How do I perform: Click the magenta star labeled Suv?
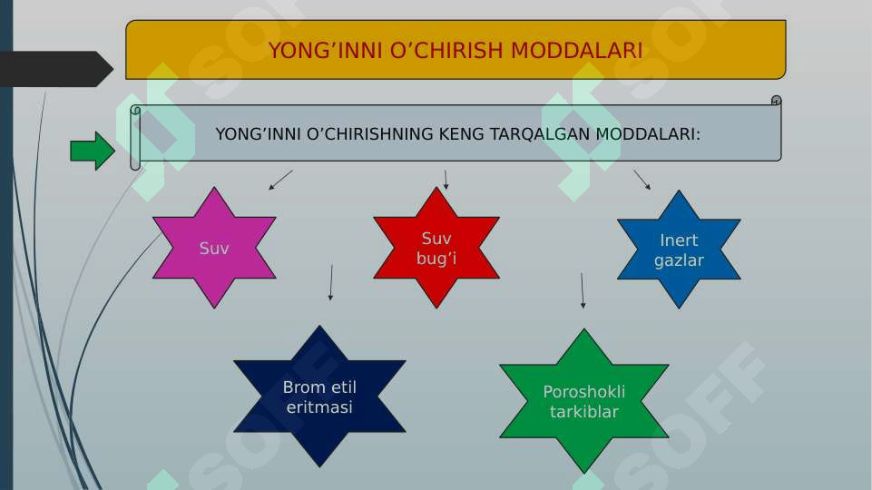(214, 248)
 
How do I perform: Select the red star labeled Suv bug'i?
(436, 248)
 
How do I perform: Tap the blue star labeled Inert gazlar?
(679, 250)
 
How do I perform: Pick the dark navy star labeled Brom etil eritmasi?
(319, 397)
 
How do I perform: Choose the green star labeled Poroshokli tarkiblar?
(583, 401)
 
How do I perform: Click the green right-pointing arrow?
(92, 151)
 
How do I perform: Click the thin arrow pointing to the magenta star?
(280, 180)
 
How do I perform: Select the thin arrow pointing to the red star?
(446, 179)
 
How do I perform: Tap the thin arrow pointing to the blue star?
(642, 179)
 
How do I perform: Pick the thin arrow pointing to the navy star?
(330, 282)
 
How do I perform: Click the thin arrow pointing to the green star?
(582, 290)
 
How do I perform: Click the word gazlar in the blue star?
(679, 260)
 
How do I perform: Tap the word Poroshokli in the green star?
(583, 392)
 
